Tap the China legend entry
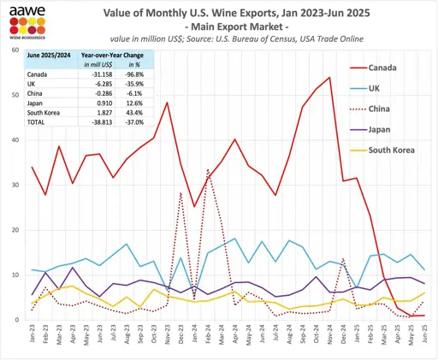pyautogui.click(x=379, y=109)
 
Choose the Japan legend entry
pyautogui.click(x=380, y=130)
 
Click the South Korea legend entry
pyautogui.click(x=391, y=150)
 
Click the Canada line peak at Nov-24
pyautogui.click(x=329, y=78)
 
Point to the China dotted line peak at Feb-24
pyautogui.click(x=208, y=168)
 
